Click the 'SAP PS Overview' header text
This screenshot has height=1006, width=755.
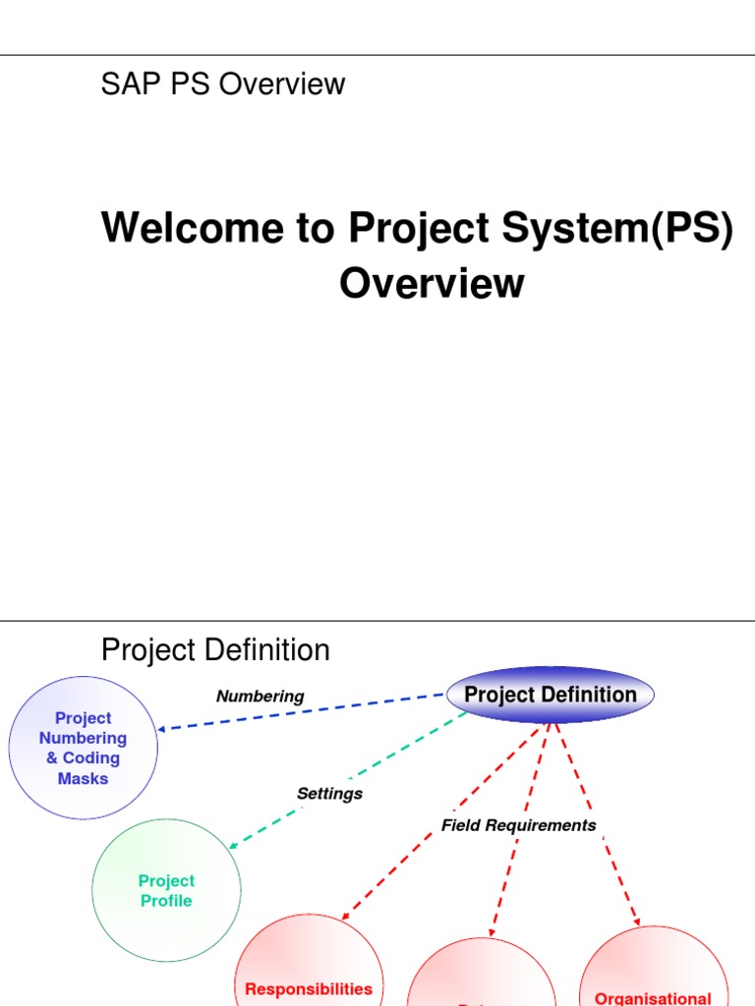click(x=223, y=84)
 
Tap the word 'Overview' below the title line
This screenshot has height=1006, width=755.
click(x=432, y=283)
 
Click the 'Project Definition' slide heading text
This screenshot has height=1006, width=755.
click(x=215, y=650)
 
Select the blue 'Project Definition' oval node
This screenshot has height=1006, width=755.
click(x=550, y=695)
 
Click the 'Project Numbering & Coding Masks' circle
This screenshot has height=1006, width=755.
click(x=83, y=748)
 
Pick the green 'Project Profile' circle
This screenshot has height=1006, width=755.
click(x=166, y=891)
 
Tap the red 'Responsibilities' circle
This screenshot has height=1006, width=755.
click(x=309, y=968)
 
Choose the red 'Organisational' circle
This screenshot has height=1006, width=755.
click(x=654, y=973)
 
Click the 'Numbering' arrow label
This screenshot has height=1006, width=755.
click(x=260, y=697)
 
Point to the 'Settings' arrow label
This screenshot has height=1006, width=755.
click(x=329, y=794)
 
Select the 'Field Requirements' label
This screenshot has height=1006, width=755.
click(x=518, y=825)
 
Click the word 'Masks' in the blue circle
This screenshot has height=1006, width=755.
click(x=83, y=778)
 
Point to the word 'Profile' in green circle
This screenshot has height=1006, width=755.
click(x=166, y=901)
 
